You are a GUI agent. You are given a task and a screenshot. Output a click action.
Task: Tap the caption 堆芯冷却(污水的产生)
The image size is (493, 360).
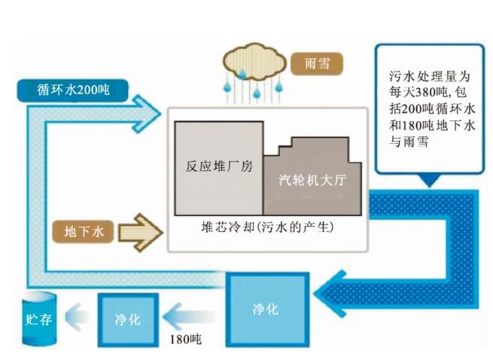268,226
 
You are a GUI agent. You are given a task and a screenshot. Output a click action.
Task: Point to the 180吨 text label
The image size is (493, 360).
184,339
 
